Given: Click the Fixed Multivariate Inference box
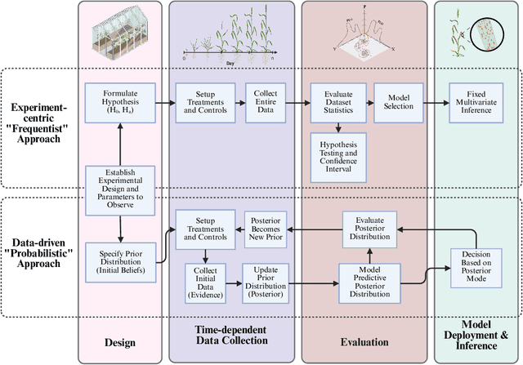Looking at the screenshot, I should click(x=476, y=102).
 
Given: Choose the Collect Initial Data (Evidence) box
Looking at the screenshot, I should click(x=207, y=280).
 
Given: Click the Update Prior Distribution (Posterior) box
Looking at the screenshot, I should click(x=264, y=280).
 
